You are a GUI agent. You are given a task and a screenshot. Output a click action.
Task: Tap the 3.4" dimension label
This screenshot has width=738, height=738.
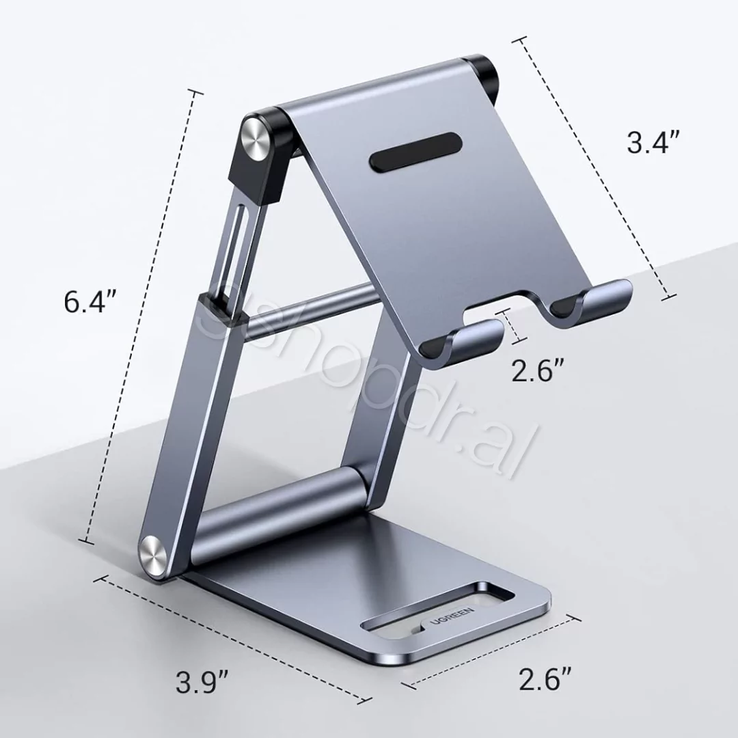[653, 142]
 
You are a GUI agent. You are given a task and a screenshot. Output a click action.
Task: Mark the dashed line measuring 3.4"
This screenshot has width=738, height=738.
[593, 167]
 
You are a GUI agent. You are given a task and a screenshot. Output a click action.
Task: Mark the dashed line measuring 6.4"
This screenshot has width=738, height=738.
[142, 314]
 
